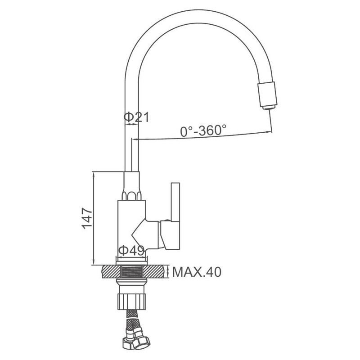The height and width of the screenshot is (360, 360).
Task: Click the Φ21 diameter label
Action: (x=136, y=117)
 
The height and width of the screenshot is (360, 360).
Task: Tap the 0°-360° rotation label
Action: (x=203, y=131)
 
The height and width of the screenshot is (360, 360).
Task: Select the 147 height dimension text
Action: (x=87, y=218)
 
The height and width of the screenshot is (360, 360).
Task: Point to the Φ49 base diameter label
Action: (x=131, y=251)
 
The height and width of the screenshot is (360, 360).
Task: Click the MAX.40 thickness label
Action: (x=197, y=272)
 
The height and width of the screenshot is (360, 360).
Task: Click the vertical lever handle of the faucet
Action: (x=175, y=202)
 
